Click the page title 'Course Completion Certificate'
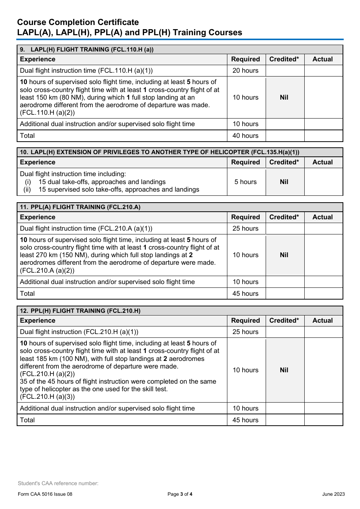click(x=78, y=22)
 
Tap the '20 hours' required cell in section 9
click(x=245, y=71)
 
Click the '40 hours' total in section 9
click(x=245, y=136)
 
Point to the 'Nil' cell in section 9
click(x=284, y=97)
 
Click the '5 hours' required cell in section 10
click(x=245, y=182)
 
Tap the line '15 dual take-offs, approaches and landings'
click(x=102, y=182)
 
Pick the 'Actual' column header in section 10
click(x=322, y=162)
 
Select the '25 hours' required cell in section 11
click(x=245, y=229)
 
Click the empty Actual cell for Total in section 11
click(x=323, y=294)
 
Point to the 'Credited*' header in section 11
click(x=284, y=217)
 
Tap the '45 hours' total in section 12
click(x=245, y=420)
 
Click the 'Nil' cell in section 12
click(x=284, y=370)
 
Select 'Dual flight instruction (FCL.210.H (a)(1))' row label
click(x=79, y=332)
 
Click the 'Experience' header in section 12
click(x=38, y=321)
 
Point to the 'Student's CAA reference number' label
click(x=58, y=483)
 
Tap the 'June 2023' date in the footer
click(x=333, y=494)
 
